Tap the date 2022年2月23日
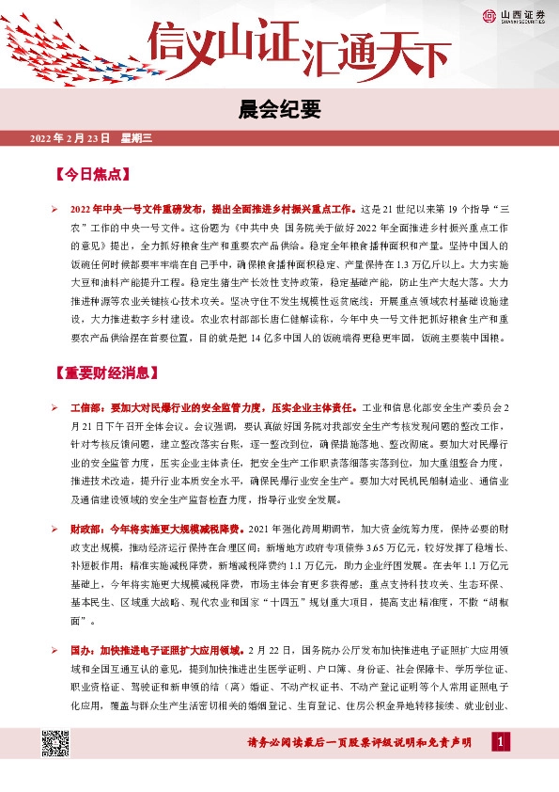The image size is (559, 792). click(70, 139)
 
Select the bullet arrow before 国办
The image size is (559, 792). click(54, 650)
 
